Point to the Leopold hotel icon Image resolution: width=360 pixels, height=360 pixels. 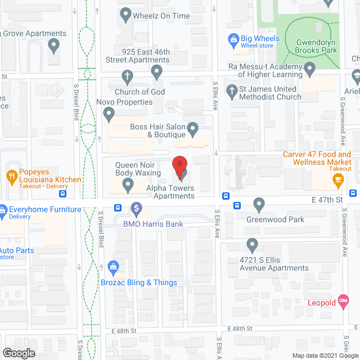coord(343,301)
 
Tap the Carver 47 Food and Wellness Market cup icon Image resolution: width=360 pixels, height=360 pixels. coord(337,180)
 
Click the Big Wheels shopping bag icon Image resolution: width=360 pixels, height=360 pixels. coord(232,39)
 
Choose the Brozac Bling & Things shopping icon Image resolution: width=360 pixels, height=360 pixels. coord(112,267)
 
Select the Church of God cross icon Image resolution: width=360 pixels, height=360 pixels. coord(128,75)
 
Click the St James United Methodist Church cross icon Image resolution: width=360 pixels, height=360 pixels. coord(231,90)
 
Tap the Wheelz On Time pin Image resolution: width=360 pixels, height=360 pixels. coord(125,13)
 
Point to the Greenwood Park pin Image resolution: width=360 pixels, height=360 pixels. coord(259,203)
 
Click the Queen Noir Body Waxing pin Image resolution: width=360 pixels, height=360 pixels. coord(128,183)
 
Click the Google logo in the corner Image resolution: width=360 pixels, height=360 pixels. coord(19,353)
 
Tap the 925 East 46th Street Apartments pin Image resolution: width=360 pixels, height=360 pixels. coord(157,71)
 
